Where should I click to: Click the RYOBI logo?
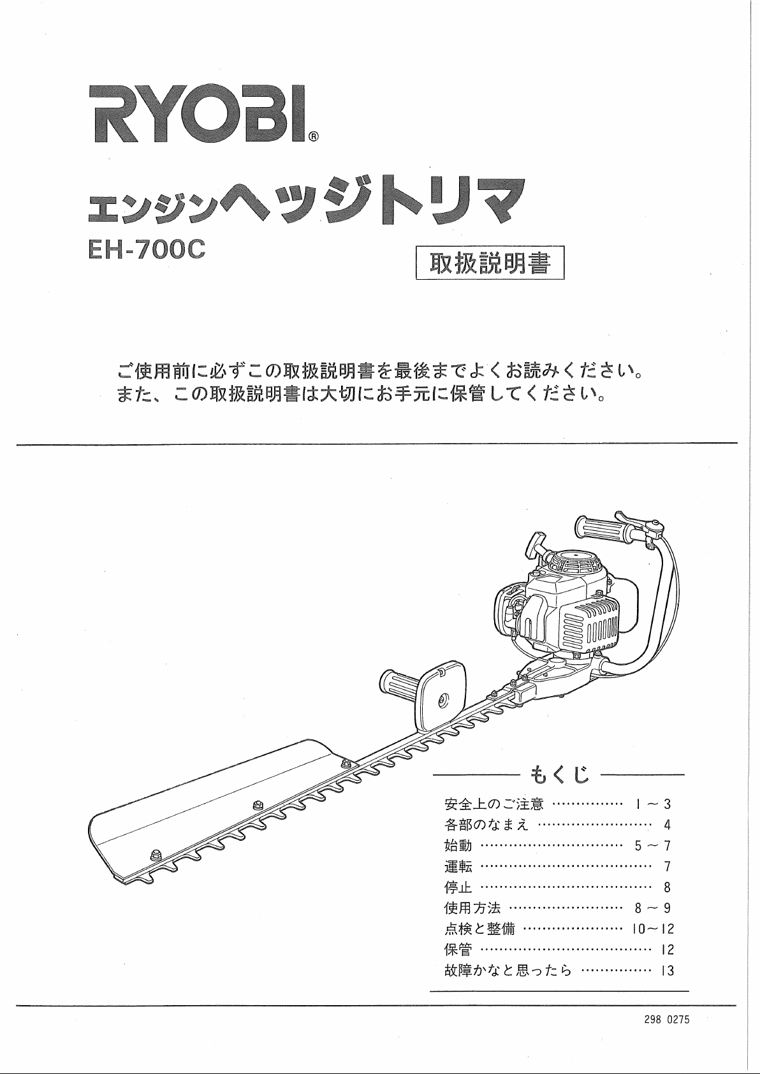coord(198,113)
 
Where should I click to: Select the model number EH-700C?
coord(147,249)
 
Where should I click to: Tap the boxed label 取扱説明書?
coord(490,262)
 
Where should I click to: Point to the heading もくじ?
coord(559,774)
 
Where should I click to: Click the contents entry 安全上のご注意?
coord(494,804)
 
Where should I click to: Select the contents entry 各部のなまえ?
coord(486,824)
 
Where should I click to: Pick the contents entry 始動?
coord(458,845)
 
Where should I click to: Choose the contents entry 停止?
coord(458,887)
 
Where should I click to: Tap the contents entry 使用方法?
coord(472,908)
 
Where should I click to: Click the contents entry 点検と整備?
coord(479,929)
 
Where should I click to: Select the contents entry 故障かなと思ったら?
coord(508,971)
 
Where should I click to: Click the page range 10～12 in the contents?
coord(653,929)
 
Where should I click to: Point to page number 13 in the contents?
coord(668,971)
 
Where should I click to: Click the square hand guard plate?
coord(442,696)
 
